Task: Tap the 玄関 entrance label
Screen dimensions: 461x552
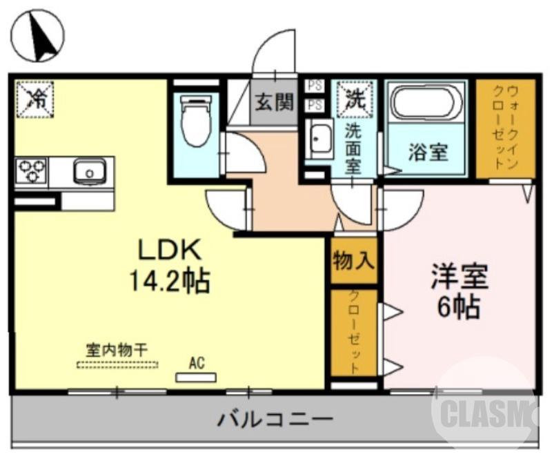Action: [275, 103]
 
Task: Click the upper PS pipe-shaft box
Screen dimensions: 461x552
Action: [315, 86]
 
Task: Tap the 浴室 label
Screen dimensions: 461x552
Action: [428, 153]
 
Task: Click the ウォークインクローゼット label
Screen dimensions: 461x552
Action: [506, 128]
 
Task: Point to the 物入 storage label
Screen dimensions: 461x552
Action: [353, 261]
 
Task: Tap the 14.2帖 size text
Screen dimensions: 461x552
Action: [170, 281]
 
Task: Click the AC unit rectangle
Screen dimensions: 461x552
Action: [196, 377]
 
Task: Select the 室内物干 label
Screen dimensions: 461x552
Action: [117, 350]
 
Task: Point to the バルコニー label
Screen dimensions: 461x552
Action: [276, 418]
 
